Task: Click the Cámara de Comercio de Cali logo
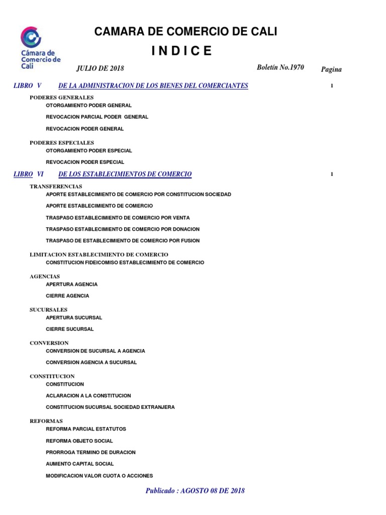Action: tap(40, 48)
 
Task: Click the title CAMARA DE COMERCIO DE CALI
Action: tap(185, 32)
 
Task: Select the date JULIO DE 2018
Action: tap(100, 68)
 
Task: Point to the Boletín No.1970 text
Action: tap(280, 67)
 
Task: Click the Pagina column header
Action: tap(331, 69)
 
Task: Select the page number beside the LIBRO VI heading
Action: tap(332, 174)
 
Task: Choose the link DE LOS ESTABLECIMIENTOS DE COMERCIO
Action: tap(125, 174)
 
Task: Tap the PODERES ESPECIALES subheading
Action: tap(62, 143)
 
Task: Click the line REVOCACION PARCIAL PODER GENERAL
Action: tap(97, 117)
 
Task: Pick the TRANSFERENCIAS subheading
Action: tap(56, 186)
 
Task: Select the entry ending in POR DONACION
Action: tap(123, 229)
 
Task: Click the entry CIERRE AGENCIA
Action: tap(67, 296)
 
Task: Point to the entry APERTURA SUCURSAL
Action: tap(74, 318)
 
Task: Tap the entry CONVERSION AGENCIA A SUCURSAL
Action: tap(91, 362)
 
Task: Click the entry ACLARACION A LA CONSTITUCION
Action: tap(88, 396)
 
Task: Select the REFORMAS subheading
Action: tap(46, 421)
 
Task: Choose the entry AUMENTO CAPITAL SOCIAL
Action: tap(80, 464)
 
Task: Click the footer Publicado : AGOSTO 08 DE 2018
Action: tap(195, 491)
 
